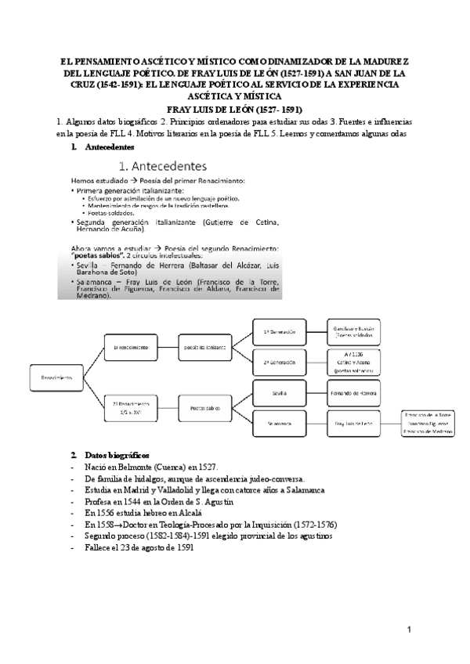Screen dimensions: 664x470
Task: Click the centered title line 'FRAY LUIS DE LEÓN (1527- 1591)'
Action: pos(235,109)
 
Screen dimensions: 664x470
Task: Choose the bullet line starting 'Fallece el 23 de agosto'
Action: pos(133,525)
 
